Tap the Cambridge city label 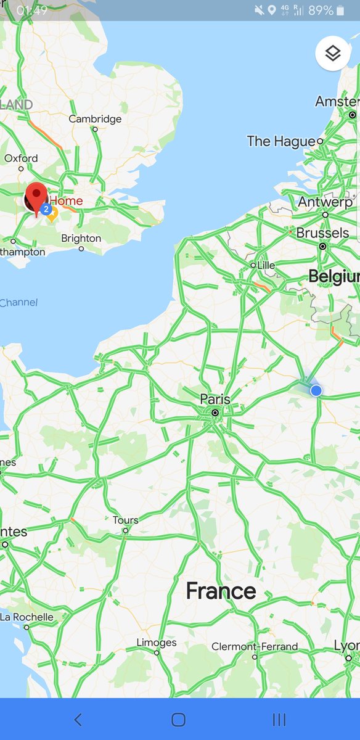coord(95,119)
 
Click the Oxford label coord(21,158)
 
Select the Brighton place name coord(81,239)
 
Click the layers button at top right coord(333,54)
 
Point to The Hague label coord(281,141)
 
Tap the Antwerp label coord(325,202)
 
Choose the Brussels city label coord(322,234)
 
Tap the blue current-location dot coord(316,390)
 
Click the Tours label coord(125,520)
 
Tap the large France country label coord(221,591)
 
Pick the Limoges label coord(156,643)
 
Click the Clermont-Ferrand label coord(255,647)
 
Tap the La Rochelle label coord(27,617)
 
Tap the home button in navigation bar coord(179,719)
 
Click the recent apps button coord(279,719)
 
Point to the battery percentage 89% coord(321,10)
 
